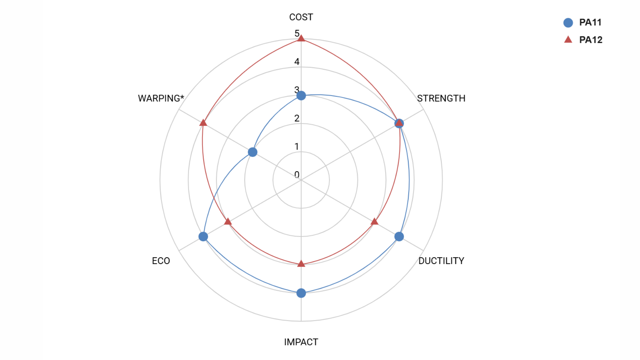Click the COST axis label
click(301, 17)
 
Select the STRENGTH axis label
click(441, 98)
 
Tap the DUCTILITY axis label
click(441, 261)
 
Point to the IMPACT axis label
click(301, 342)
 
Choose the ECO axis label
click(161, 261)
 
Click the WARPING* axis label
click(161, 98)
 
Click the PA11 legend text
click(590, 22)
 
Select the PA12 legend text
click(591, 40)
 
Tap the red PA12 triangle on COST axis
click(301, 38)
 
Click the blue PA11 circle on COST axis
click(301, 96)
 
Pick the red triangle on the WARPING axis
click(203, 123)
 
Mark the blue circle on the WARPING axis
click(253, 152)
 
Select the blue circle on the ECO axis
click(203, 236)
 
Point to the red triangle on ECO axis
click(228, 222)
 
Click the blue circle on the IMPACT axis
click(301, 293)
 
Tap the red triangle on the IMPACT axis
click(301, 264)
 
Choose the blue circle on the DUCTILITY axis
click(399, 236)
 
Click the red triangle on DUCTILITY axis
click(374, 222)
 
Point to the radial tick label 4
click(297, 62)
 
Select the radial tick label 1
click(297, 146)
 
